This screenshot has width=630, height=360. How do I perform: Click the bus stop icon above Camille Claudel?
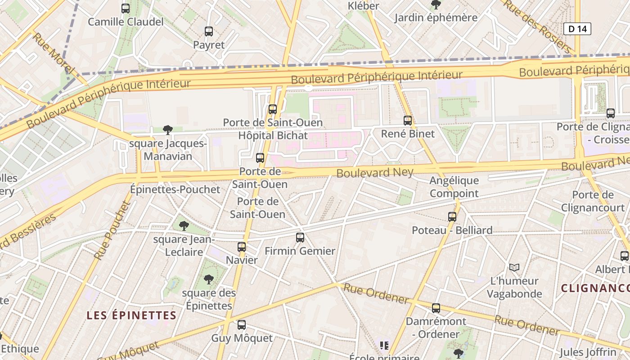point(126,8)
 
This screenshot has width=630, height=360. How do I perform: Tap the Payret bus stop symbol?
point(209,31)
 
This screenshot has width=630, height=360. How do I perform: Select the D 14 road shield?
point(577,29)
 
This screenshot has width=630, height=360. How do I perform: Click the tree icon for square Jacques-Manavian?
point(168,130)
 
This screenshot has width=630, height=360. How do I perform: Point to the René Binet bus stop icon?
point(408,120)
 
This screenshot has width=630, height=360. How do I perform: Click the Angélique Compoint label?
point(454,187)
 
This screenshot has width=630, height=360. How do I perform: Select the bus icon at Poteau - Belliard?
point(452,216)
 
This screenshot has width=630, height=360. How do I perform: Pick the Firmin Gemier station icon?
point(300,237)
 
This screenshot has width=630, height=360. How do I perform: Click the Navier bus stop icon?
point(242,247)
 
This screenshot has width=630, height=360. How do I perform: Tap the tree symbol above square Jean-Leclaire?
point(184,225)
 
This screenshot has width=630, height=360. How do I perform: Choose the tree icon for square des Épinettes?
point(209,279)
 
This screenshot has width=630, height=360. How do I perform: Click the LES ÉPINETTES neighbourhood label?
point(131,315)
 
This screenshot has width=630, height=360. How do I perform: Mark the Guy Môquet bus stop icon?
point(242,324)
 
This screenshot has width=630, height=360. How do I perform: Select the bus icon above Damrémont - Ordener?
point(436,308)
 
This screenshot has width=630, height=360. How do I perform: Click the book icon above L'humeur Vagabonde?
point(514,267)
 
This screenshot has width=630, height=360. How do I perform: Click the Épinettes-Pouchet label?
point(175,189)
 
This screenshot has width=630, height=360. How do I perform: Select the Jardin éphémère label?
point(436,18)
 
